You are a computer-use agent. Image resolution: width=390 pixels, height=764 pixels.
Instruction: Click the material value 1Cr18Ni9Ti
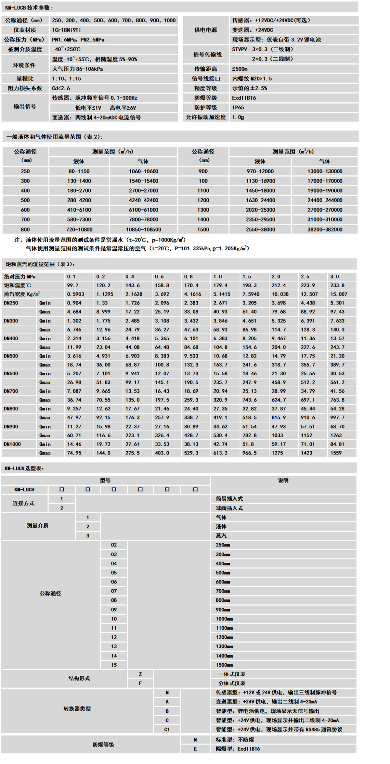click(x=66, y=30)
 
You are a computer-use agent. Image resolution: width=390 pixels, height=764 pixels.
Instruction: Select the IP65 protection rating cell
click(x=238, y=107)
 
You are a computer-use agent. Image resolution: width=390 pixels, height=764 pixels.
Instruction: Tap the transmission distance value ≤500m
click(x=240, y=69)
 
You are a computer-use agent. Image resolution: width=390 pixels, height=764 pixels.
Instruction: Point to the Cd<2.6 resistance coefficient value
click(x=61, y=88)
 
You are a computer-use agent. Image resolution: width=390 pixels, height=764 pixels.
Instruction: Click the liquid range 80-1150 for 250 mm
click(x=79, y=171)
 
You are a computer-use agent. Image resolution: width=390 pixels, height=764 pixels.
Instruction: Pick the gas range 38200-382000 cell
click(x=325, y=229)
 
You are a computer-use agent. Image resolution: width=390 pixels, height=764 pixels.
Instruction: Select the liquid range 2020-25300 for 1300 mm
click(x=260, y=210)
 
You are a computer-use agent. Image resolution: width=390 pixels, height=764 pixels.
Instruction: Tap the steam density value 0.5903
click(x=75, y=294)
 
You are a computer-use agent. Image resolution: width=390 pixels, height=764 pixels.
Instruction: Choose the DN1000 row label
click(x=12, y=444)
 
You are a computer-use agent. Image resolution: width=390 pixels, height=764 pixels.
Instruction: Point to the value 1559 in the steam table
click(x=336, y=453)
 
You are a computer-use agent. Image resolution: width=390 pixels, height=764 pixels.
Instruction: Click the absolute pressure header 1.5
click(x=247, y=277)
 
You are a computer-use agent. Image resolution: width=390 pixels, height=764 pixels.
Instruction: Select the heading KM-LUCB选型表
click(x=24, y=468)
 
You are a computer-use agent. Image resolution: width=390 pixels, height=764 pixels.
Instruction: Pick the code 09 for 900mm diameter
click(x=114, y=609)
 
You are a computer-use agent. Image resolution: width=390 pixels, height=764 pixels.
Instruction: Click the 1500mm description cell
click(x=224, y=665)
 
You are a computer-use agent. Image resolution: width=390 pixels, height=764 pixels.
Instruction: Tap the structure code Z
click(x=140, y=674)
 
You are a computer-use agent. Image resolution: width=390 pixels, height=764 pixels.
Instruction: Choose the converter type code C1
click(x=167, y=729)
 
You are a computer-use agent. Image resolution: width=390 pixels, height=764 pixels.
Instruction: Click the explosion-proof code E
click(x=195, y=749)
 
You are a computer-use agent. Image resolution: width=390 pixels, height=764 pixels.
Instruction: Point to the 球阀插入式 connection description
click(x=229, y=508)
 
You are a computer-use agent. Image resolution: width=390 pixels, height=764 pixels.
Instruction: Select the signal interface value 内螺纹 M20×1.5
click(x=252, y=79)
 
